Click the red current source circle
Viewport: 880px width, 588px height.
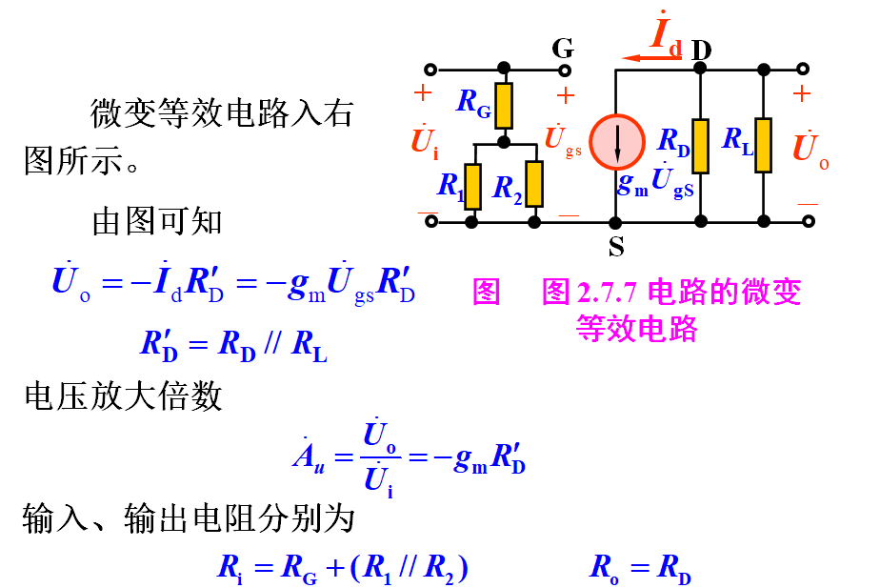pos(615,142)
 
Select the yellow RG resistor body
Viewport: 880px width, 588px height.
pos(504,105)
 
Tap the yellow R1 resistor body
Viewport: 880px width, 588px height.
pos(472,184)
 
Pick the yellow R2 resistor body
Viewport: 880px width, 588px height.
pos(534,184)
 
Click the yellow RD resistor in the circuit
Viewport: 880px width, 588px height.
pos(701,146)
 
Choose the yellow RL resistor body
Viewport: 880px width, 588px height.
pos(764,146)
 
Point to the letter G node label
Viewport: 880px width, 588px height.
pos(563,48)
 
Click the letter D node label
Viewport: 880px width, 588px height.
pos(702,48)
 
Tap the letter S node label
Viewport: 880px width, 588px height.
pos(616,247)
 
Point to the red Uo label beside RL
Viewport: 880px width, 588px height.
pos(810,149)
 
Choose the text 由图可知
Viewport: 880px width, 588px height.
pos(157,221)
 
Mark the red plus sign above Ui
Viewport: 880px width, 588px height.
pos(423,93)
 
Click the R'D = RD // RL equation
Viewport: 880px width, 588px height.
pos(233,345)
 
